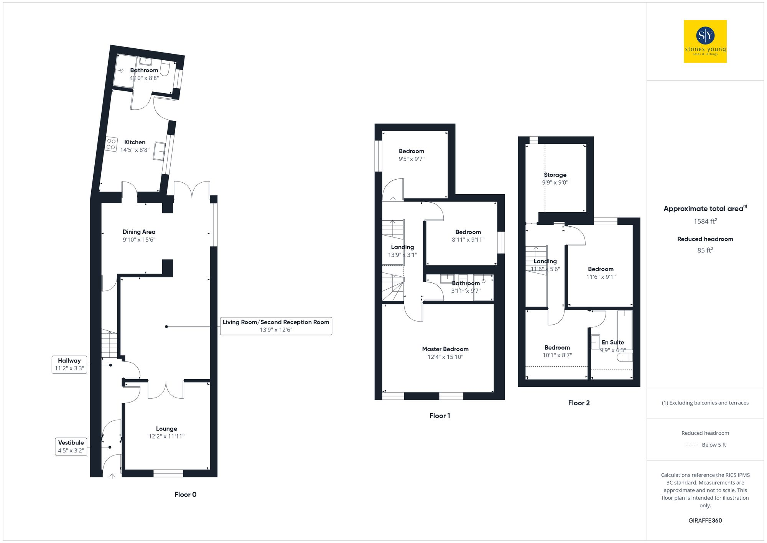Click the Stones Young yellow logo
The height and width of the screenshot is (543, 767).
705,41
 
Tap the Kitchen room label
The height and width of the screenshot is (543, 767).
135,142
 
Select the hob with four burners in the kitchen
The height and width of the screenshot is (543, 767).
111,144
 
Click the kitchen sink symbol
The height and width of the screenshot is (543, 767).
159,151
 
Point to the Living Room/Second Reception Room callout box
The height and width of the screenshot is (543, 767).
276,326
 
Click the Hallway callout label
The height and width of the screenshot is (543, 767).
69,364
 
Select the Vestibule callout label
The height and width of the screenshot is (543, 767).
71,446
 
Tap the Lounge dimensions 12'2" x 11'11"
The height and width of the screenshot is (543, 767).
166,436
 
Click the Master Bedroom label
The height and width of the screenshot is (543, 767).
445,349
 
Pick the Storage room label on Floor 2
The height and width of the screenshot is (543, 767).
555,175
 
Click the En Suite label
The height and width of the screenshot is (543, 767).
612,342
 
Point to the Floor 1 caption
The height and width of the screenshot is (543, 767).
439,416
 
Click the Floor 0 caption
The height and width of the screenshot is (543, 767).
185,494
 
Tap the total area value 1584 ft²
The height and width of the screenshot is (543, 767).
705,221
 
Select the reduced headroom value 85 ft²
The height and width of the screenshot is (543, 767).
705,250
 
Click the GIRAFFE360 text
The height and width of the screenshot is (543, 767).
705,520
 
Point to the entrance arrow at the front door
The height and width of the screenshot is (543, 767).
112,476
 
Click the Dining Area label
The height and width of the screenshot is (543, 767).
139,232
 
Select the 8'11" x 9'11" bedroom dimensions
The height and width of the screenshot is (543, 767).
468,240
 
